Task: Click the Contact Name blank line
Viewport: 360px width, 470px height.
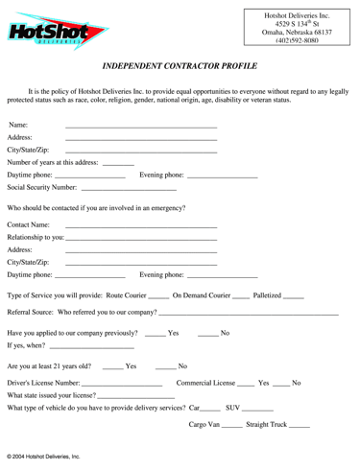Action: click(140, 226)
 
